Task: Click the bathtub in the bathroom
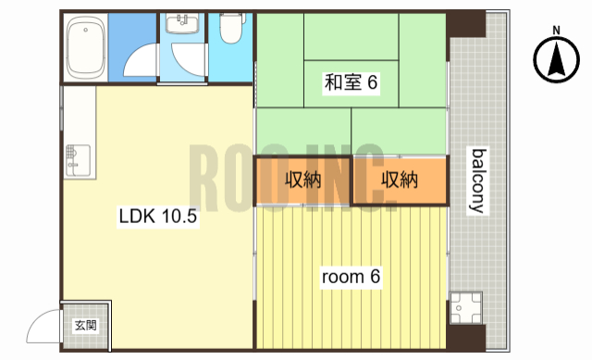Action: [x=86, y=48]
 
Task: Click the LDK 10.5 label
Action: [x=158, y=218]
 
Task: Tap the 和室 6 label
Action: [x=351, y=83]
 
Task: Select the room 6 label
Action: [x=351, y=276]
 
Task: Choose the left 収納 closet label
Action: [x=302, y=180]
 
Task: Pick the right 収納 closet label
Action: [x=400, y=180]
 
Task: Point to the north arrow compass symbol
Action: [x=557, y=62]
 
